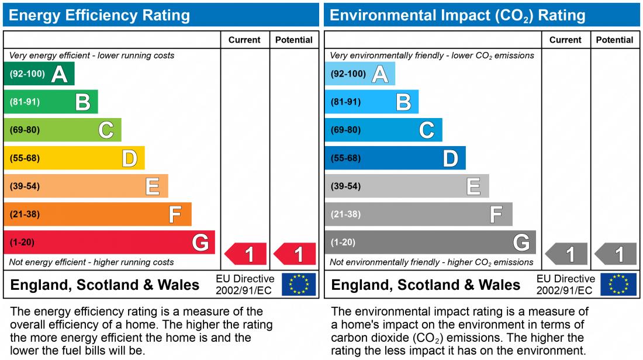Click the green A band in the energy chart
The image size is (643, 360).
(x=39, y=74)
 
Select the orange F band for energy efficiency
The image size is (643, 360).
(x=97, y=214)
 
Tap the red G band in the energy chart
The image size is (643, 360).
(x=109, y=243)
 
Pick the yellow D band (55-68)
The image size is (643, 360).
(x=74, y=158)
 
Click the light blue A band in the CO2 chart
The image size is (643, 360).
(x=359, y=74)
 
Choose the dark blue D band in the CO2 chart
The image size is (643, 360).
(x=395, y=158)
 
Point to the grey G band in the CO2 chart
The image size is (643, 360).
(x=430, y=243)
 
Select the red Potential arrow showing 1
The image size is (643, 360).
(x=296, y=254)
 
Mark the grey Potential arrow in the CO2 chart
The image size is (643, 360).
(x=616, y=254)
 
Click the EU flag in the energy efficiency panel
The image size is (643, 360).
(x=299, y=285)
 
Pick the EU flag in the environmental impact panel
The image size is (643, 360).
(x=620, y=285)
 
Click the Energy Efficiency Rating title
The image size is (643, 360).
(x=99, y=15)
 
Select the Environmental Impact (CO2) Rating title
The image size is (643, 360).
(x=457, y=15)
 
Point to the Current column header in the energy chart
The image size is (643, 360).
(x=244, y=40)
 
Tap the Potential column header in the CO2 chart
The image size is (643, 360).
(x=614, y=40)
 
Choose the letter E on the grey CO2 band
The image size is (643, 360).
(x=473, y=186)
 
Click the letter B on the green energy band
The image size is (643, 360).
(x=83, y=102)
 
